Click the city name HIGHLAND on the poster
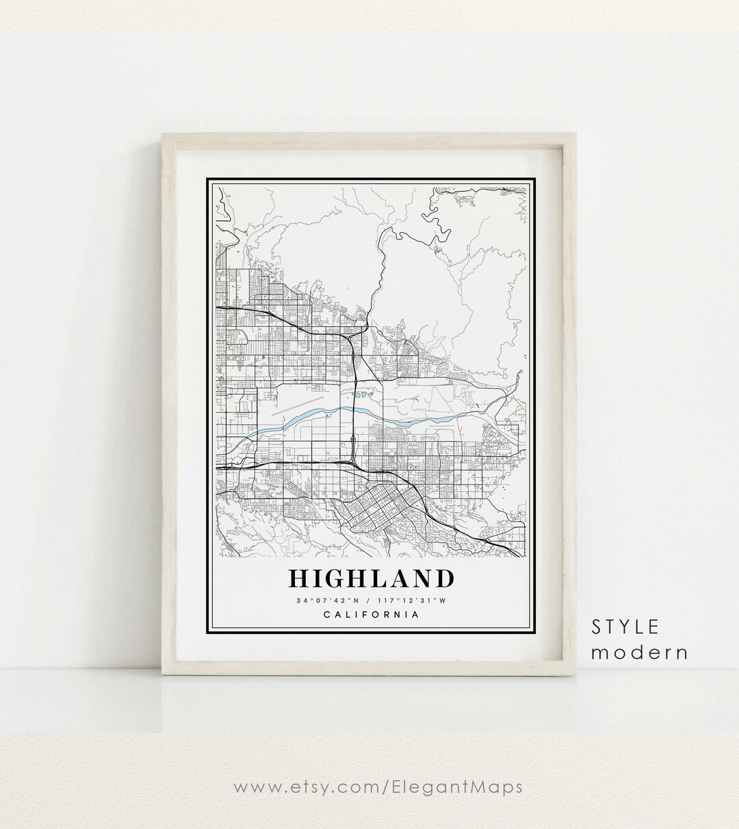371,578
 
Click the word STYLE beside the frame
625,627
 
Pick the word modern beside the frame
639,652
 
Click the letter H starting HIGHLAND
298,578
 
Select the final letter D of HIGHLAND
443,578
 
